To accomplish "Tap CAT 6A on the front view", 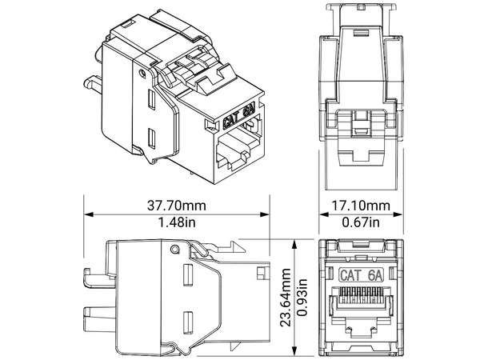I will click(x=362, y=274).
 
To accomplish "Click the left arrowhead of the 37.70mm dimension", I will click(x=88, y=214).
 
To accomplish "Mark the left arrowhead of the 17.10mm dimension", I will click(x=324, y=214).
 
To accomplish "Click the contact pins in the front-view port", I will click(x=361, y=303).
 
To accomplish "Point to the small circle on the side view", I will click(x=172, y=250).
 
